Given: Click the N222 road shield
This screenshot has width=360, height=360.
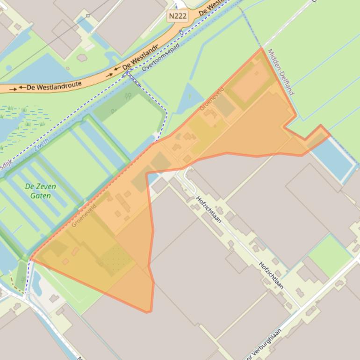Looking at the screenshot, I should pos(178,16).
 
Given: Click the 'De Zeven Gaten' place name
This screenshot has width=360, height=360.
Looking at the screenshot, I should pos(40,191).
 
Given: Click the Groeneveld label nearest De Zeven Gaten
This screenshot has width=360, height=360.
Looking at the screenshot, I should pos(84,215).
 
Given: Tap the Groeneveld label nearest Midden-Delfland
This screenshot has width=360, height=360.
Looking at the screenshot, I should pos(212,98).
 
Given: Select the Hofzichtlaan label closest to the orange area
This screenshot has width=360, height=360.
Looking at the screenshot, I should pos(209,209).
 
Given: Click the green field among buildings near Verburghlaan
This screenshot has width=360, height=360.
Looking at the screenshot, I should pos(330,255).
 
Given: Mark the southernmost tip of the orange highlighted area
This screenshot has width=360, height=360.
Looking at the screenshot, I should pos(149,312).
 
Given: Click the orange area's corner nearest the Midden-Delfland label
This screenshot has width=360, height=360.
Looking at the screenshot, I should pos(261,49).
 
